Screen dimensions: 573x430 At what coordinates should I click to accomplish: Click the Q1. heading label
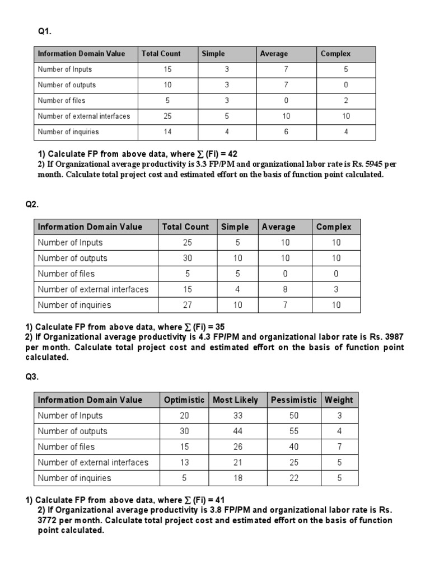click(x=44, y=32)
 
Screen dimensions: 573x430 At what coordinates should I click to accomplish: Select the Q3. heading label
click(x=32, y=377)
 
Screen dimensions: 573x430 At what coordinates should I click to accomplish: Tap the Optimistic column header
click(x=184, y=400)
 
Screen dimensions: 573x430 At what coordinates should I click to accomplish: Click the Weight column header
click(x=339, y=400)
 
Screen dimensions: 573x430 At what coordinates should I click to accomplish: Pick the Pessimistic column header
click(x=293, y=400)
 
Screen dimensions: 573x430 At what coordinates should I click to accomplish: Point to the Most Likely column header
click(x=236, y=400)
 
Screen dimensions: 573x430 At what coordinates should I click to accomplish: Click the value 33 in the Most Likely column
click(x=236, y=416)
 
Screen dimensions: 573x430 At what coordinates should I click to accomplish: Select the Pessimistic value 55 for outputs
click(x=293, y=431)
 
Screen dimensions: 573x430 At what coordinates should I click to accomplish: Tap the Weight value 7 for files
click(x=339, y=447)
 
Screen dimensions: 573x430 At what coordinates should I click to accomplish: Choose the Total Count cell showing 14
click(x=167, y=132)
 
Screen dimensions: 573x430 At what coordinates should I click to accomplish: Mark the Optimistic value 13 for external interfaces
click(x=185, y=463)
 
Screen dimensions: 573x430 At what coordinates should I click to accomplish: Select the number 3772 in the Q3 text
click(x=48, y=520)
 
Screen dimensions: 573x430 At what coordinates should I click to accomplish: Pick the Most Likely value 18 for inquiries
click(x=236, y=478)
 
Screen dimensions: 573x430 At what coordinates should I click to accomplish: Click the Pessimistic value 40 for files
click(x=293, y=447)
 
